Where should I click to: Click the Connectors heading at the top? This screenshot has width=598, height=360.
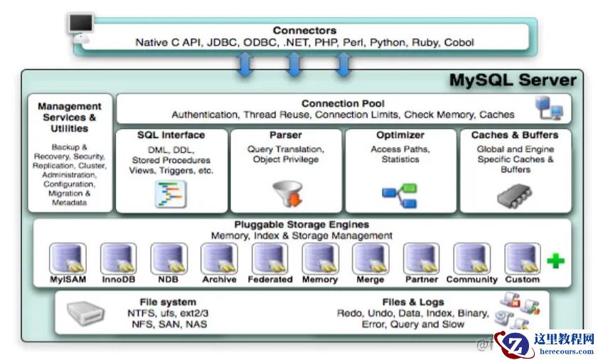[304, 31]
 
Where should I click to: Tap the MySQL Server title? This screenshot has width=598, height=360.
[512, 80]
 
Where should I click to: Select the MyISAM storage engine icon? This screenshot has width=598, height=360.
[68, 258]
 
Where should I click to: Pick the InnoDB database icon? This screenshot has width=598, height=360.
[118, 258]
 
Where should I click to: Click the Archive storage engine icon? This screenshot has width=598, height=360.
[219, 258]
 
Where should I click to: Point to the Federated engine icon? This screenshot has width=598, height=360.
[269, 258]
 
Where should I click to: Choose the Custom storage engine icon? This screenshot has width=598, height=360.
[522, 258]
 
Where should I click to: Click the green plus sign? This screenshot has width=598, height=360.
[555, 261]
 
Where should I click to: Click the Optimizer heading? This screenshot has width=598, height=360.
[400, 135]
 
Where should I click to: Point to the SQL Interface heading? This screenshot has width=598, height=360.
[171, 135]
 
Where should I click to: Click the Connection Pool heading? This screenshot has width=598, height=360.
[343, 104]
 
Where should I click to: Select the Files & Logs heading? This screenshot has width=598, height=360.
[412, 302]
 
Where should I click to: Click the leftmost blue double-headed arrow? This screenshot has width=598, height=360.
[245, 64]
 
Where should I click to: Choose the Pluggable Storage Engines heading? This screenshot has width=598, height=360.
[301, 225]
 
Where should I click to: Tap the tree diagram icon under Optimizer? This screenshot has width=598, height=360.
[399, 194]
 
